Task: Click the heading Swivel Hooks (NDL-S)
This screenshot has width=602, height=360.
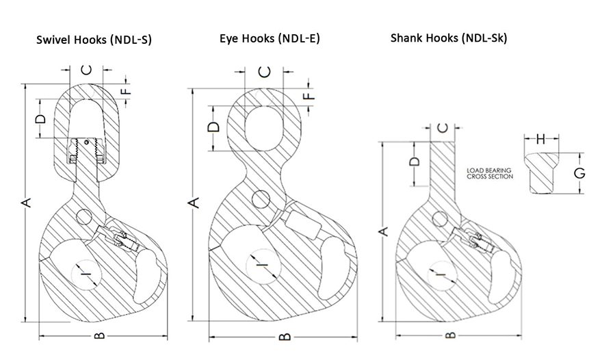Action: [x=94, y=40]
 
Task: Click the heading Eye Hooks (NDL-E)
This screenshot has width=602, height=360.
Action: [x=270, y=38]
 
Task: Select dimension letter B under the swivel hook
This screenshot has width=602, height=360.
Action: [x=100, y=336]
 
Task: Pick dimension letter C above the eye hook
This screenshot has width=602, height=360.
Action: [x=266, y=71]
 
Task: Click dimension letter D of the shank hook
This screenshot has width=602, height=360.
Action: [x=413, y=162]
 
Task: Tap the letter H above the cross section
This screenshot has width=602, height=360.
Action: [x=540, y=140]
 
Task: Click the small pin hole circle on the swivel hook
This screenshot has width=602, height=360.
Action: [x=85, y=216]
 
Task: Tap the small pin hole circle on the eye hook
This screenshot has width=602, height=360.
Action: [x=260, y=200]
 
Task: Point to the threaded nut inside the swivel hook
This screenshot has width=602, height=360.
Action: [x=86, y=151]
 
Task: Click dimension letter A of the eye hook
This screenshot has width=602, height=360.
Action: [x=194, y=203]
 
